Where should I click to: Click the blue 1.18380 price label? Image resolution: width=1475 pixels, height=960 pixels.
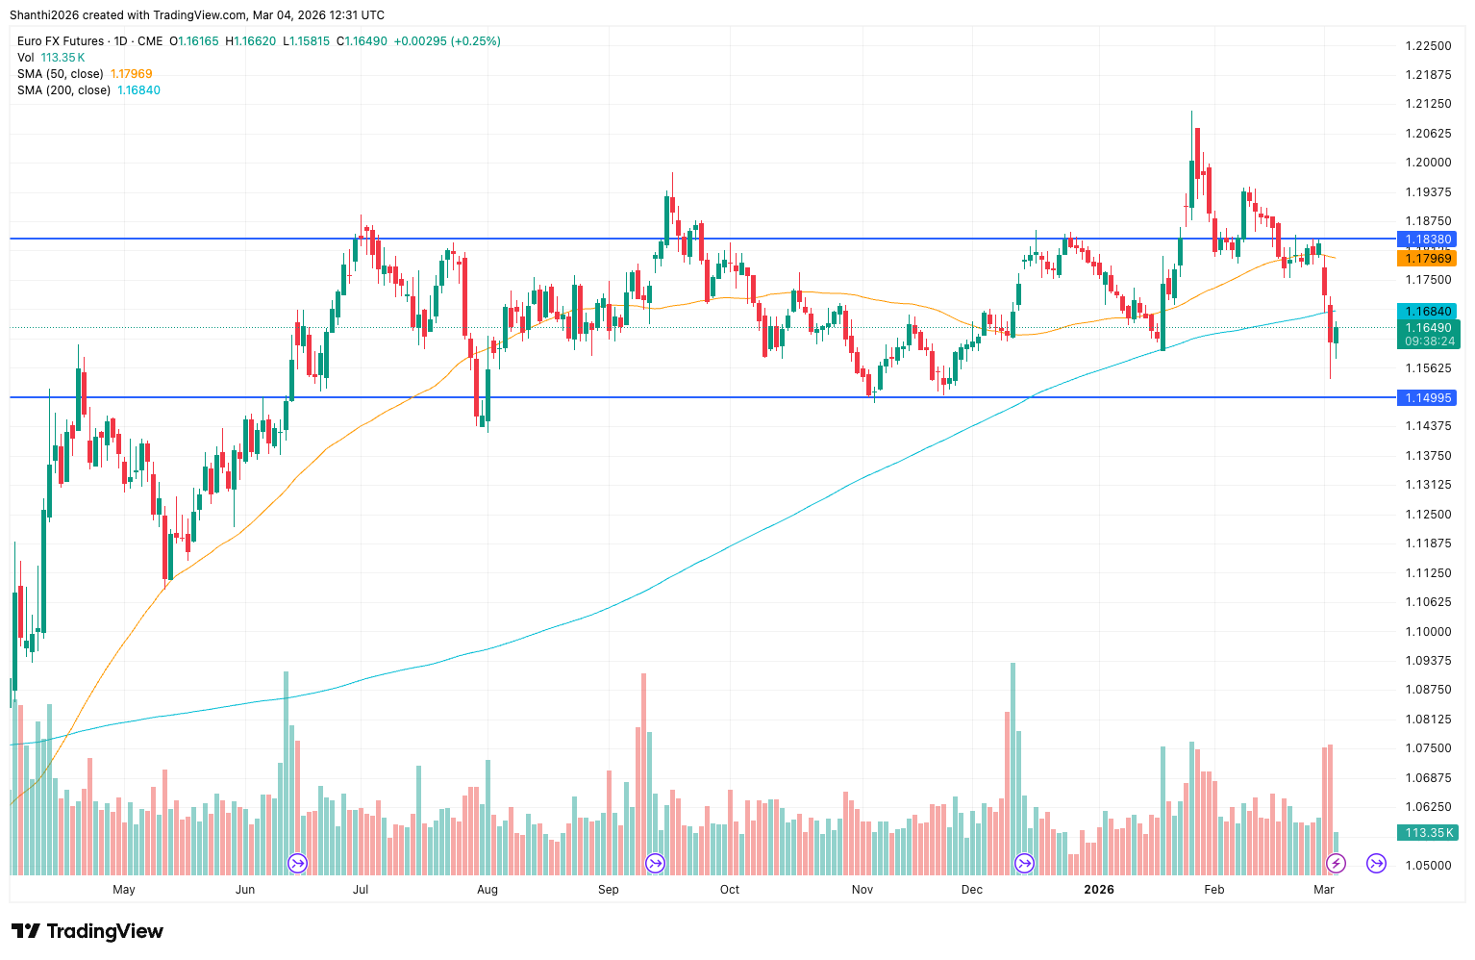(x=1428, y=239)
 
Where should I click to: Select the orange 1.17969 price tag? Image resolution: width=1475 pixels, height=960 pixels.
(x=1428, y=258)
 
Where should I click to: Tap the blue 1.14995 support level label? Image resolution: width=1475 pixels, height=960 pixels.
(x=1428, y=397)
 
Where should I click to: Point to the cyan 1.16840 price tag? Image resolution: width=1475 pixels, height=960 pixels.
(x=1428, y=311)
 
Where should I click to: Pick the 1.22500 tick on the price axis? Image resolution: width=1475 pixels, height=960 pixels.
(x=1428, y=45)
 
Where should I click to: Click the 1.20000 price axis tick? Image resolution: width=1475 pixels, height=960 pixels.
(x=1428, y=163)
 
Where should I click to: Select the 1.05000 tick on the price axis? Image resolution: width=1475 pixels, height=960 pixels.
(x=1428, y=865)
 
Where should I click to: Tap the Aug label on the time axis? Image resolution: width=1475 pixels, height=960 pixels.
(x=487, y=889)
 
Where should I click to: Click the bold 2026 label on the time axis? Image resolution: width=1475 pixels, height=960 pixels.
(x=1098, y=889)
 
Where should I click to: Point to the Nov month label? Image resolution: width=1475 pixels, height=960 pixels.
(x=862, y=889)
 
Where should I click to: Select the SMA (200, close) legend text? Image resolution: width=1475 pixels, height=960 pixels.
(x=64, y=90)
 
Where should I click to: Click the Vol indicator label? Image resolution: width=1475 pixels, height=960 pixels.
(x=26, y=58)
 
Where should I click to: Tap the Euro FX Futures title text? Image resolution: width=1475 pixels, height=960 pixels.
(x=61, y=41)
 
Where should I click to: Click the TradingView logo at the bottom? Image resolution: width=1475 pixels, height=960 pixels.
(x=87, y=931)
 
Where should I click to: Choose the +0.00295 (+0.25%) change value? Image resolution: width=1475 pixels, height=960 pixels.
(x=447, y=41)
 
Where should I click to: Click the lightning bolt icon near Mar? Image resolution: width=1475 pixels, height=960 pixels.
(x=1336, y=863)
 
